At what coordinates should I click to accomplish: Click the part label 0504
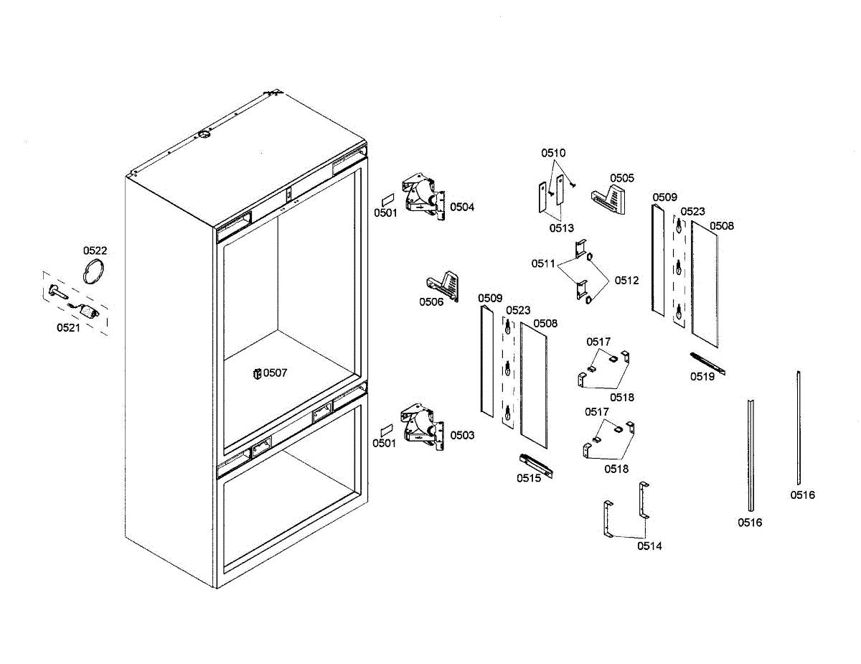pyautogui.click(x=462, y=207)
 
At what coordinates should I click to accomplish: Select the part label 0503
pyautogui.click(x=462, y=436)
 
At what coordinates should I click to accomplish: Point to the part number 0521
pyautogui.click(x=69, y=328)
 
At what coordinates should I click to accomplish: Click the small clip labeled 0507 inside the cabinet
pyautogui.click(x=256, y=373)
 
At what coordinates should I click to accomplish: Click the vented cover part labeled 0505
pyautogui.click(x=608, y=199)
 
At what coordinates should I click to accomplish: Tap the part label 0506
pyautogui.click(x=431, y=301)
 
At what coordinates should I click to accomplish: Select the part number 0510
pyautogui.click(x=553, y=153)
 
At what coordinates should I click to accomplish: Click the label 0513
pyautogui.click(x=562, y=228)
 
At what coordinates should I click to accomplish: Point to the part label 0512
pyautogui.click(x=626, y=281)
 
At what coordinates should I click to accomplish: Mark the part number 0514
pyautogui.click(x=650, y=546)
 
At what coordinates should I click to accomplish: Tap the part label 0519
pyautogui.click(x=702, y=376)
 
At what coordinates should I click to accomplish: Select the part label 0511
pyautogui.click(x=543, y=264)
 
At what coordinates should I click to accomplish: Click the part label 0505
pyautogui.click(x=622, y=178)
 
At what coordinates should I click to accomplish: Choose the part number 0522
pyautogui.click(x=95, y=251)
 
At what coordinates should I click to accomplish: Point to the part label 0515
pyautogui.click(x=528, y=479)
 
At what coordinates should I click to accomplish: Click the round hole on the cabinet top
pyautogui.click(x=204, y=134)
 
